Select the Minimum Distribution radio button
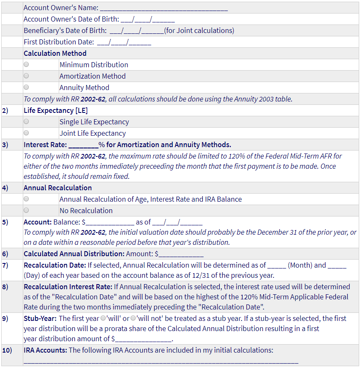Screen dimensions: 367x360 [x=26, y=65]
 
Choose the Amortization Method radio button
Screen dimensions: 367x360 [x=26, y=76]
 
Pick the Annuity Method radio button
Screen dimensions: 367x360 [x=26, y=88]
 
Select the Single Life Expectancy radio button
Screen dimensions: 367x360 [x=26, y=122]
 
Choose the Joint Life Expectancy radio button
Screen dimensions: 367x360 [x=26, y=133]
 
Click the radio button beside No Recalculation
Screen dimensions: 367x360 [x=26, y=211]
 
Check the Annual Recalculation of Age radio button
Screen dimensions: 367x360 [x=26, y=199]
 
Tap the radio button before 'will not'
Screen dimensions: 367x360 [x=133, y=318]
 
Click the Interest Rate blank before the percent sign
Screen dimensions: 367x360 [x=83, y=145]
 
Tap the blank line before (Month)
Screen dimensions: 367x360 [x=276, y=266]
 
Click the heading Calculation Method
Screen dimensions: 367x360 [x=55, y=53]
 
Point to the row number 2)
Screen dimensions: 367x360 [x=5, y=111]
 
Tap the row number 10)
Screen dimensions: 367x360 [x=7, y=350]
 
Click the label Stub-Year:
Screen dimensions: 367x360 [x=40, y=318]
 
